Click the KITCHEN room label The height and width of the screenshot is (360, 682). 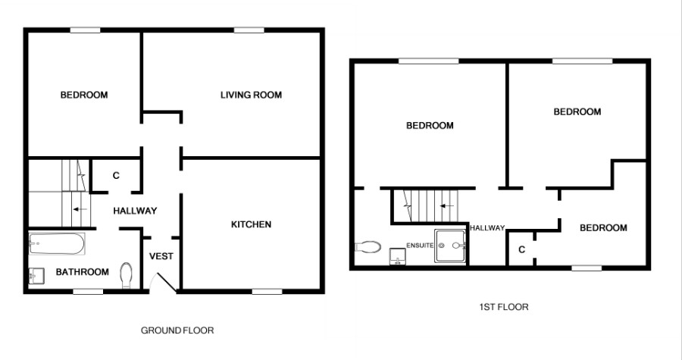[251, 224]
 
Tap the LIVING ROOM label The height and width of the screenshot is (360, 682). [251, 95]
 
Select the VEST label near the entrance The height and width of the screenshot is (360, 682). [161, 256]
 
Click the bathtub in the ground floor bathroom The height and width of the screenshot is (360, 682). [57, 244]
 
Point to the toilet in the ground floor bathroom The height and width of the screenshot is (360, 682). [126, 275]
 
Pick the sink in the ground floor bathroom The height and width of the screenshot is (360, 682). [36, 277]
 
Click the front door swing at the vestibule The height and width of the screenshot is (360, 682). [163, 282]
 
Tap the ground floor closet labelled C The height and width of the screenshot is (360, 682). [116, 176]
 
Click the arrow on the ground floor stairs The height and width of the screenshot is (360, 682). [80, 209]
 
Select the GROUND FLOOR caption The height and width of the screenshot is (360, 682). [177, 330]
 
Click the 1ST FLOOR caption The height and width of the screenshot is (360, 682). [504, 307]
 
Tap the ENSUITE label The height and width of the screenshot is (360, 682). [420, 246]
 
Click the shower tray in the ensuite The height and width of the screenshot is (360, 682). [451, 246]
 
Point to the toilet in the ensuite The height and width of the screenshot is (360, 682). [368, 247]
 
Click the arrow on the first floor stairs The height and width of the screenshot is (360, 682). [446, 205]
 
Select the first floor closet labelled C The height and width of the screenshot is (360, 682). [521, 249]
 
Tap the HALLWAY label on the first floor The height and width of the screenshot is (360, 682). [487, 228]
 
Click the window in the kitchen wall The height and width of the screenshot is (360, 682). [267, 291]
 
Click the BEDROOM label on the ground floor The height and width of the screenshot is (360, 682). [84, 95]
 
